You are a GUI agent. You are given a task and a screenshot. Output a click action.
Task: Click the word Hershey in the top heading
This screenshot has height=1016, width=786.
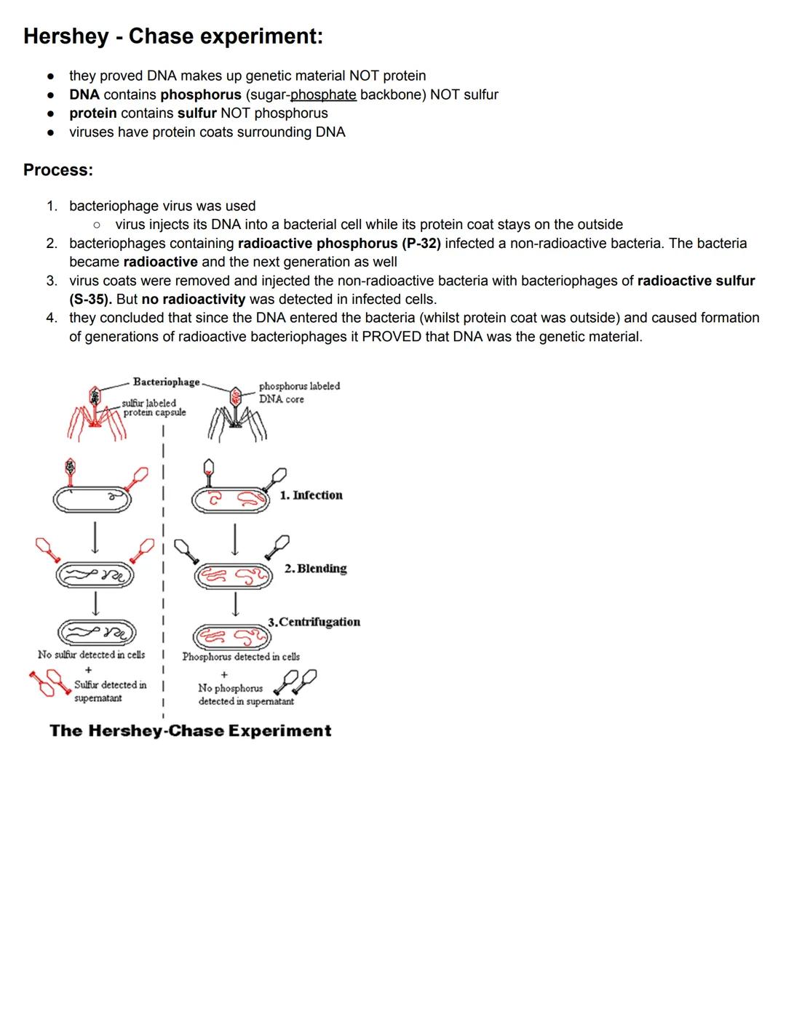[x=65, y=36]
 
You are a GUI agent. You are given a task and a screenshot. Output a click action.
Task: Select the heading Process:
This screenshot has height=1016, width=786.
[x=58, y=170]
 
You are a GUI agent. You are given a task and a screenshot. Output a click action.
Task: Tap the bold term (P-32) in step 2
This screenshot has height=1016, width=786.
[x=421, y=244]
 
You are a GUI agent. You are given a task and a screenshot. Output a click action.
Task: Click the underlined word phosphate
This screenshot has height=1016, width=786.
[x=323, y=95]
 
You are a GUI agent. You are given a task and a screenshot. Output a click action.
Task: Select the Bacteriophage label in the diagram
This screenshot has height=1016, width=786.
[x=166, y=382]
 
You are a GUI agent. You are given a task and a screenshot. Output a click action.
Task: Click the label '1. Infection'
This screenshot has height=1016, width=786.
[x=311, y=495]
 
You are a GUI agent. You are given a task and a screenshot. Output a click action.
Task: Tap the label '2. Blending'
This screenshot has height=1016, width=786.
[x=315, y=569]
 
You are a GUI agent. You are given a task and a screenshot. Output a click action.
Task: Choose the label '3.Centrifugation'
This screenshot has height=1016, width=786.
[x=314, y=623]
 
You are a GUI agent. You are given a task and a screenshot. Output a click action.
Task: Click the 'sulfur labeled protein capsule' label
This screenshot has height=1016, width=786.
[x=154, y=408]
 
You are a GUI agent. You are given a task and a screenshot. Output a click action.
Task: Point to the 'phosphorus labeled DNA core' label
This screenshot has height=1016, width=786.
[x=299, y=393]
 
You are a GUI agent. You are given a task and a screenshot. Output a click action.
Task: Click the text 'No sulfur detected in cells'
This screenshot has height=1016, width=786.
[x=91, y=655]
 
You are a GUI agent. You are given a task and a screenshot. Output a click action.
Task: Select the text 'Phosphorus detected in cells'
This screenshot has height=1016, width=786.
[x=241, y=657]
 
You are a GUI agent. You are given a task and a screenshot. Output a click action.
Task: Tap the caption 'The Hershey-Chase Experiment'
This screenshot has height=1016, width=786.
[x=191, y=731]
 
